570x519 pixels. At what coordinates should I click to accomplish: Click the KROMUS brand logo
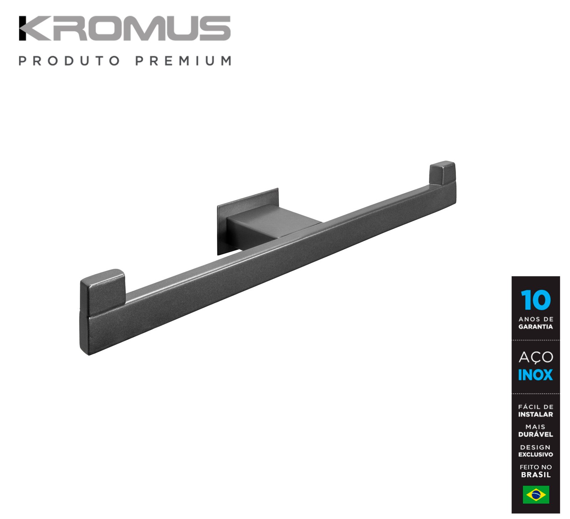click(125, 28)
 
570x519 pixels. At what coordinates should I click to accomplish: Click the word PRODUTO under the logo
click(69, 61)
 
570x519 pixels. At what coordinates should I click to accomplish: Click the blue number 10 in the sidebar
click(535, 300)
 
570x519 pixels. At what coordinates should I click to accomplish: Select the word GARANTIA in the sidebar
click(535, 327)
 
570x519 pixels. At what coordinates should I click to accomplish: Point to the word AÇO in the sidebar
click(535, 356)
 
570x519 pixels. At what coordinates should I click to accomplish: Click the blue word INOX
click(535, 375)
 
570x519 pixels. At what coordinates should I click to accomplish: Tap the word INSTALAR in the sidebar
click(535, 415)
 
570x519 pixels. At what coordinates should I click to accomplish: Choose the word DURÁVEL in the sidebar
click(535, 434)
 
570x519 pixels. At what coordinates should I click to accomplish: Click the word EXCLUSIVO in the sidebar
click(535, 454)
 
